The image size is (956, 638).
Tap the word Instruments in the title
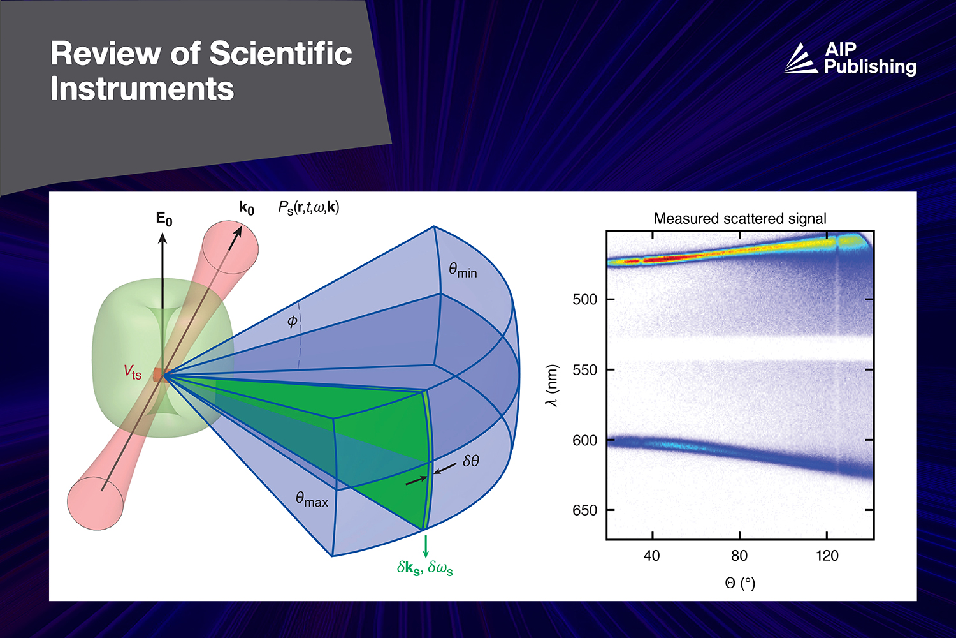point(142,88)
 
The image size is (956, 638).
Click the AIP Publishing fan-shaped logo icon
point(800,59)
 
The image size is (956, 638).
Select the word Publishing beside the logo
point(870,67)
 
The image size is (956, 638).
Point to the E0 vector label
point(164,219)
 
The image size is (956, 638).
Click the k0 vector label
point(247,208)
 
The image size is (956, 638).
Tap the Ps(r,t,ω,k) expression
point(308,207)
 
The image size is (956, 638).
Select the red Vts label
point(133,372)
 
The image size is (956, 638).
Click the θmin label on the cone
point(463,271)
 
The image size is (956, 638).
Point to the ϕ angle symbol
point(292,321)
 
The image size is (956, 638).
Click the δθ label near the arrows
point(471,461)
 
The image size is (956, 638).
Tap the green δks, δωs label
point(424,568)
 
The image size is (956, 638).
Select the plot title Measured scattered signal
point(740,219)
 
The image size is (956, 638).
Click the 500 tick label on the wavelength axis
point(584,300)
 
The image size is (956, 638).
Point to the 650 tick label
point(584,510)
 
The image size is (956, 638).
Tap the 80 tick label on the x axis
point(739,556)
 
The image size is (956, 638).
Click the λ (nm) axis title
point(552,385)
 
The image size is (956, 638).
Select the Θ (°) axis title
point(740,582)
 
